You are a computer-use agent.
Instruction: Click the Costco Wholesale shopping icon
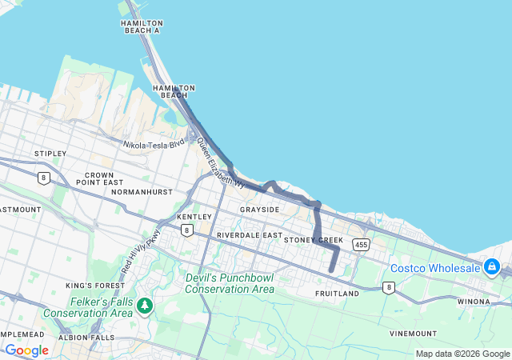492,266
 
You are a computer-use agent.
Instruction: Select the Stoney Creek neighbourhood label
313,240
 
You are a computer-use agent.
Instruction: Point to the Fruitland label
338,294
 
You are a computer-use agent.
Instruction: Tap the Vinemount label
413,333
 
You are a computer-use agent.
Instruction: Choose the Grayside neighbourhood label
259,210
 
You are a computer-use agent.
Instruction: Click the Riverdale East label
249,236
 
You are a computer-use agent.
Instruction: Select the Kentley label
194,217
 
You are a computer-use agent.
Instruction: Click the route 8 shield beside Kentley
186,230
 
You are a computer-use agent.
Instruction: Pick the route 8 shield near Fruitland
389,287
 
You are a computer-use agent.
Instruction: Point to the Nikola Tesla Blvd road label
154,144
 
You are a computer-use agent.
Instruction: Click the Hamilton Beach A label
141,27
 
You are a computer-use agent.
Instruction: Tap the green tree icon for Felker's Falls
145,306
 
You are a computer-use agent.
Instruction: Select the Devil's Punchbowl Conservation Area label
230,283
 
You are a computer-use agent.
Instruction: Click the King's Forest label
91,286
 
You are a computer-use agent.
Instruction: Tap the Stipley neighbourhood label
50,153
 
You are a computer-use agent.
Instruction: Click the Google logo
26,350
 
